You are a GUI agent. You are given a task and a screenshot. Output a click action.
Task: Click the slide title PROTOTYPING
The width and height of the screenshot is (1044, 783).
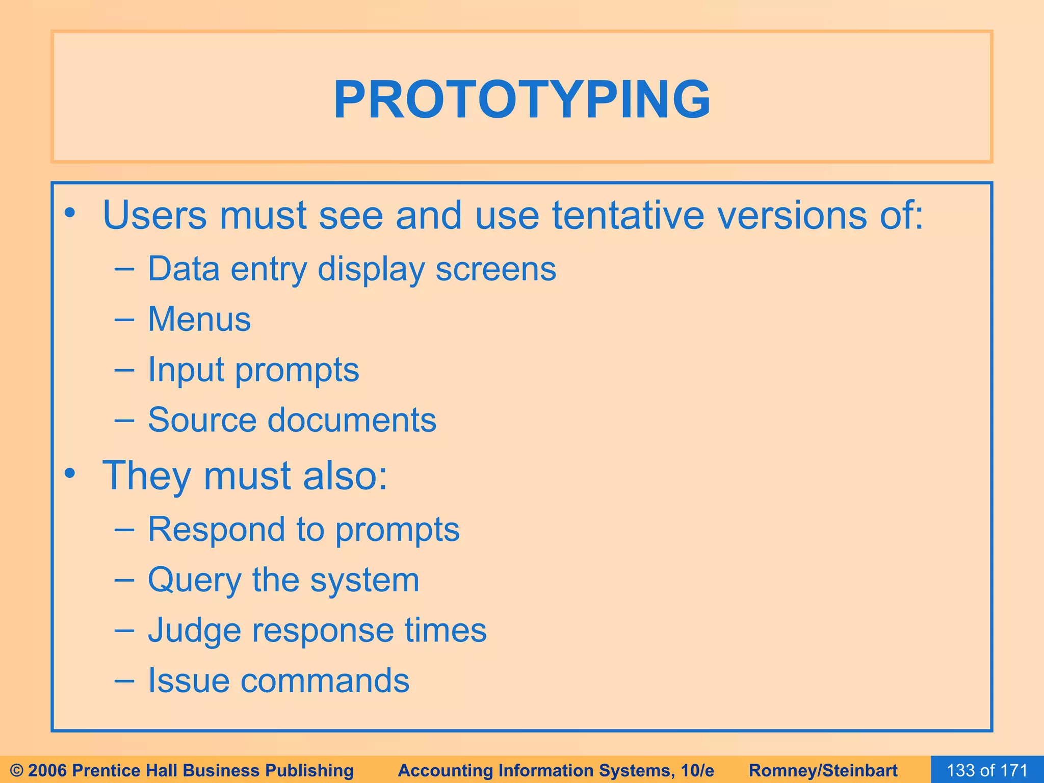point(521,100)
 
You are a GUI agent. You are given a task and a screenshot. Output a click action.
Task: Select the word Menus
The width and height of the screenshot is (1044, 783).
point(199,320)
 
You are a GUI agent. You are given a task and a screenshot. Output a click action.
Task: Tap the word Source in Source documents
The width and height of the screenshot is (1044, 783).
point(202,420)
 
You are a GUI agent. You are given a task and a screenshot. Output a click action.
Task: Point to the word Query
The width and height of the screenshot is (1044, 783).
point(194,580)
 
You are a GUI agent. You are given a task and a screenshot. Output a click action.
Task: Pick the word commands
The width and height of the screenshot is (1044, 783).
point(325,681)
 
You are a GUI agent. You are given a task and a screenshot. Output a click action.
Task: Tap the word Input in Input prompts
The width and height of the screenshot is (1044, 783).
point(186,370)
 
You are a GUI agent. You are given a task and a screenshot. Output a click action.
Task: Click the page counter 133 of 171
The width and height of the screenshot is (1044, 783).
point(987,770)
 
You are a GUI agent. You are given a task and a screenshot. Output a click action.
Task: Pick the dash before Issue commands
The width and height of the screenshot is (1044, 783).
point(124,681)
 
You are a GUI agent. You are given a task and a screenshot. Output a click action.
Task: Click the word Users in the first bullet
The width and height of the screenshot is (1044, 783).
point(154,215)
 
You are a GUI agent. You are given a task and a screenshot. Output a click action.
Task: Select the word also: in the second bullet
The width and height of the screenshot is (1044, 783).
point(345,476)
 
